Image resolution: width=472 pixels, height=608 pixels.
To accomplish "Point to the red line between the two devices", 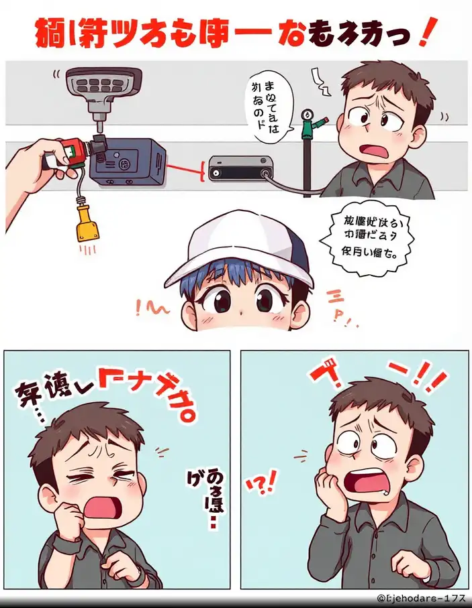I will (184, 168).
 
